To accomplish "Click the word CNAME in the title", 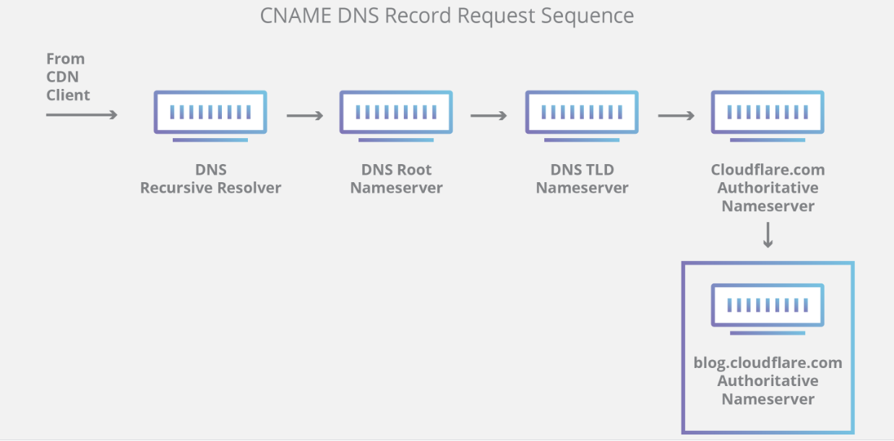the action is [296, 16].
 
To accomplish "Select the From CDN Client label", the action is [68, 77].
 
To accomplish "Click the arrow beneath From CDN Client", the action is [82, 115].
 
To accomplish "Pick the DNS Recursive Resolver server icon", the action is [210, 116].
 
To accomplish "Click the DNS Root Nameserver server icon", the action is [396, 116].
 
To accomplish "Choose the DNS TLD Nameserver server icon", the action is [582, 116].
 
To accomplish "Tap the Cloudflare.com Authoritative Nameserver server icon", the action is [768, 116].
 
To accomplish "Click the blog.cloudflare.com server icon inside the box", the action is [768, 309].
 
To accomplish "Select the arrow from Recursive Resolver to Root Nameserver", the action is [305, 116].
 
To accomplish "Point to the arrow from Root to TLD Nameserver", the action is [489, 116].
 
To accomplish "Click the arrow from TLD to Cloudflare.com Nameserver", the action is [676, 116].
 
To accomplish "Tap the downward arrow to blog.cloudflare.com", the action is [768, 235].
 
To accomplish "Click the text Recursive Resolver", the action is [210, 187].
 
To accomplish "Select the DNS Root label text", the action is [396, 170].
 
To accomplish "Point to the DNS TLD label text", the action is [583, 170].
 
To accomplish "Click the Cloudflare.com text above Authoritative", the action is [768, 170].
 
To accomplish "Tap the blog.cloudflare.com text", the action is [768, 363].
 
